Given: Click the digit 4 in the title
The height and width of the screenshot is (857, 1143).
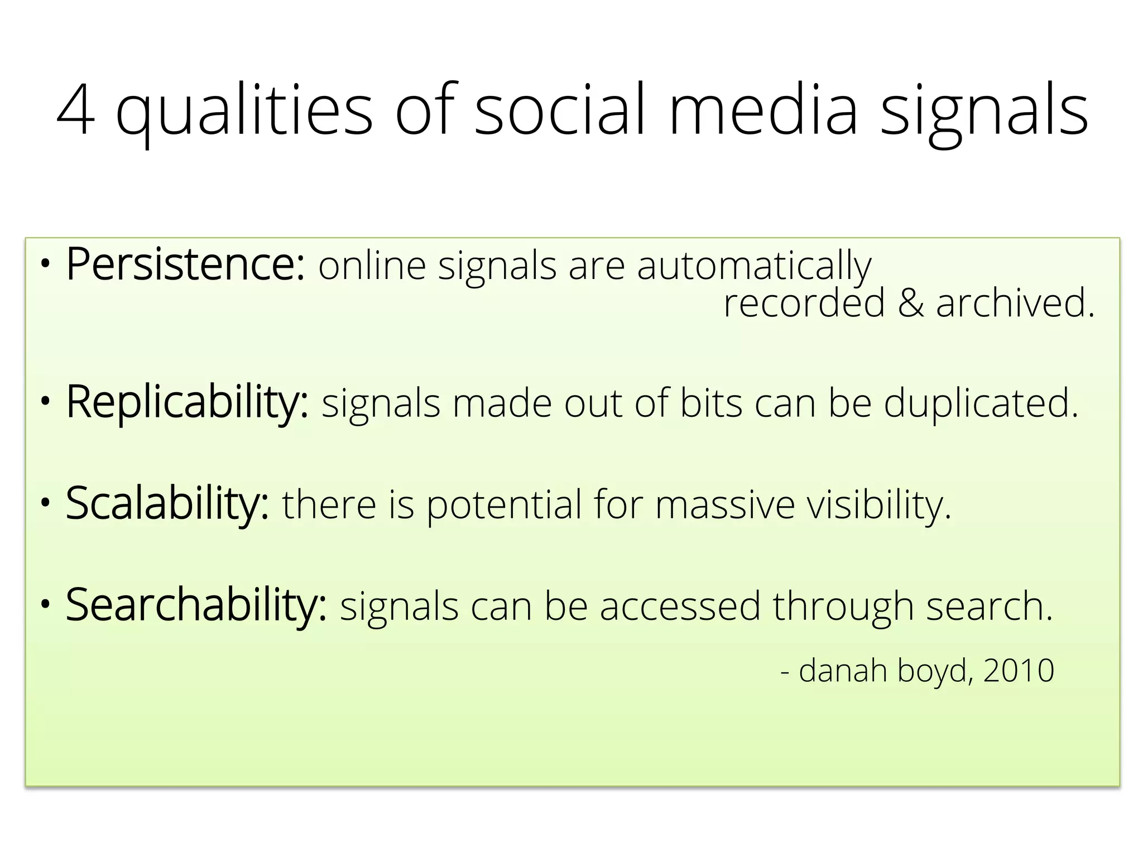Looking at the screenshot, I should [x=76, y=110].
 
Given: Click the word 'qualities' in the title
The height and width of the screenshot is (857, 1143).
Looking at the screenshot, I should [x=244, y=112].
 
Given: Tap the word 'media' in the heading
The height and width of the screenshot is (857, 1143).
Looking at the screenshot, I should [x=762, y=110].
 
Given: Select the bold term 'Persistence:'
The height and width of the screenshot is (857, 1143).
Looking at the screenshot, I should [x=185, y=265].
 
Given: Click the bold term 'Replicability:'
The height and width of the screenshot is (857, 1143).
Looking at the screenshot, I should [x=187, y=403].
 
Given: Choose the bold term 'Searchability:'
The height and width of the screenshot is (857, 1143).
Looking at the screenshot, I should [x=196, y=606].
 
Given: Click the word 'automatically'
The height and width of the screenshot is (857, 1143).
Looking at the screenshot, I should [x=754, y=267].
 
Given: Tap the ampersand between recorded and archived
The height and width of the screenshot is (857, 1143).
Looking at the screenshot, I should [x=910, y=304].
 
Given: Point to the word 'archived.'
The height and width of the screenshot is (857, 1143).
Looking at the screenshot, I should [x=1015, y=304].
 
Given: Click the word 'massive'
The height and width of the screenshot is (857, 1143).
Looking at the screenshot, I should [x=724, y=504].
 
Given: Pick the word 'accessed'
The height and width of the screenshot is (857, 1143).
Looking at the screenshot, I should [x=680, y=607].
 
